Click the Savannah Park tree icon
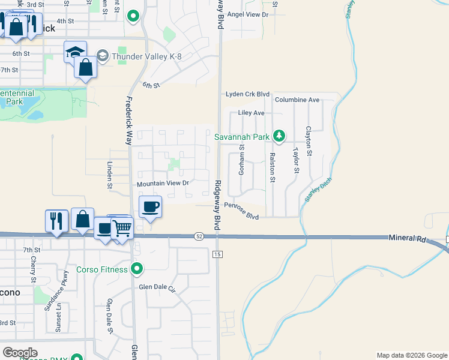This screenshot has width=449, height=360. [279, 137]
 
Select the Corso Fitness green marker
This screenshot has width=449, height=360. [137, 269]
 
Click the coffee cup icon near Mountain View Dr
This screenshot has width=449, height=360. [150, 206]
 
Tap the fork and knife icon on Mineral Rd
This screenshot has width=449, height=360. [56, 220]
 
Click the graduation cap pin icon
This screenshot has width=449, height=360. [76, 52]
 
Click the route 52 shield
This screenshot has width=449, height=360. [199, 237]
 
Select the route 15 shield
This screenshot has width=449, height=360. [217, 255]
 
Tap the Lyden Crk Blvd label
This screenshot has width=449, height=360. [247, 94]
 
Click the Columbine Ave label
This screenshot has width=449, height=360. [297, 100]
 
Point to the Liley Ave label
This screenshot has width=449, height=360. [252, 113]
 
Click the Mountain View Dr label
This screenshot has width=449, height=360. [163, 183]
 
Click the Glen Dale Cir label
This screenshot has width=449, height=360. [159, 289]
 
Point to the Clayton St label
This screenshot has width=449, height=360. [309, 142]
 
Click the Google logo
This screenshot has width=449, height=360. [20, 353]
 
